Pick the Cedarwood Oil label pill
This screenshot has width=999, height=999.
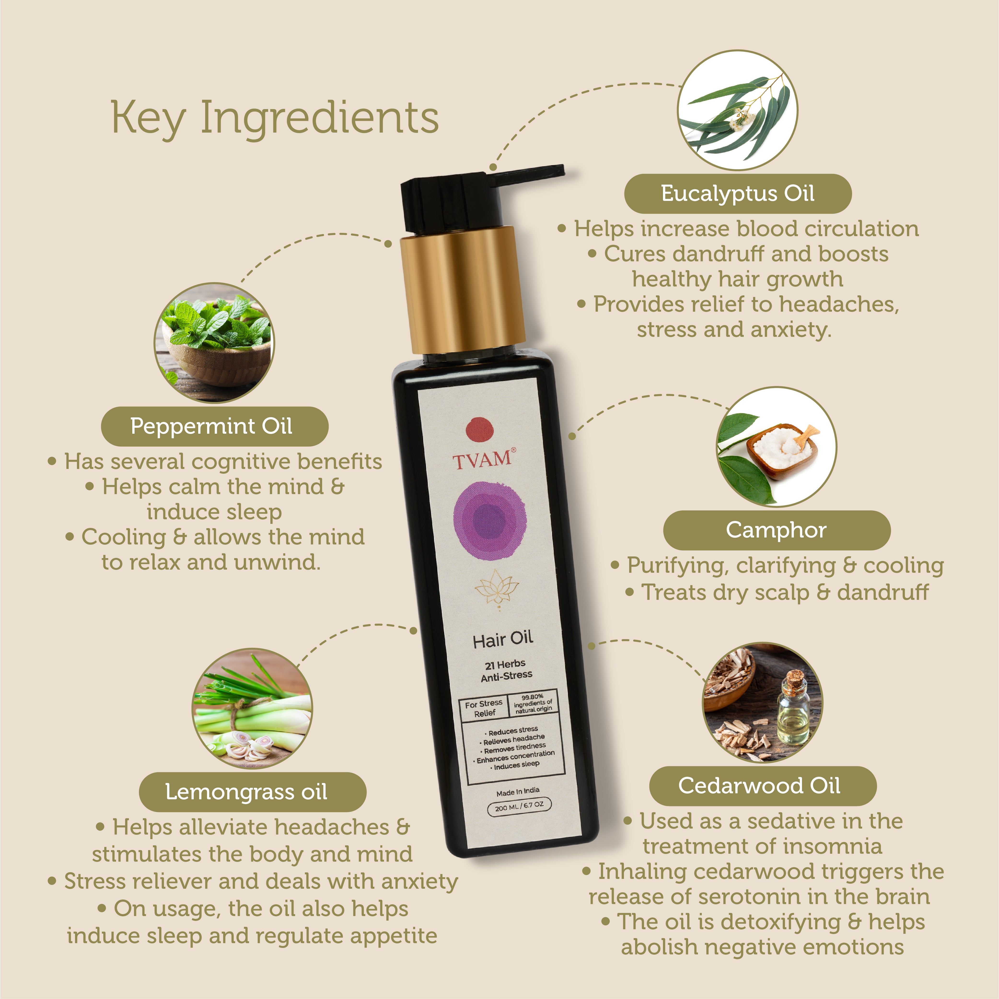tap(763, 786)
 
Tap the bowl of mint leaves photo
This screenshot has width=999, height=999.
tap(214, 343)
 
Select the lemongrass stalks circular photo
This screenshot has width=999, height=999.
tap(252, 708)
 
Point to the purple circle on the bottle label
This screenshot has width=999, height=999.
tap(490, 521)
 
